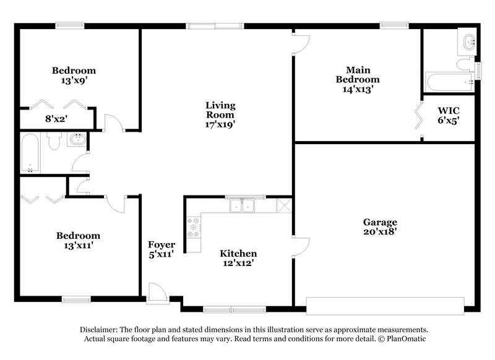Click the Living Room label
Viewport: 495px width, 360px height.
[220, 110]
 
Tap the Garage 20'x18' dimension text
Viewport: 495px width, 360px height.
[380, 232]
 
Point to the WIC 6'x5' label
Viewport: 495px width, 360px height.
[449, 116]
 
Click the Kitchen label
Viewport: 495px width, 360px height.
[238, 254]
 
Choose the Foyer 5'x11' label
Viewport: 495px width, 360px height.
[160, 249]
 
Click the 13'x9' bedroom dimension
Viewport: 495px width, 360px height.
[74, 80]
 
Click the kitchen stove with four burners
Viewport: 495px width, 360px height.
[194, 227]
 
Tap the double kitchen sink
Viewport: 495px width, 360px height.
[243, 205]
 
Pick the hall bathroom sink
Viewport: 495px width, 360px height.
[76, 140]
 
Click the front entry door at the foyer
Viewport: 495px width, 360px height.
[157, 293]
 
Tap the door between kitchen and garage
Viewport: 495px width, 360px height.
[301, 246]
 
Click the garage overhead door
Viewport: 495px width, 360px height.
[385, 302]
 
